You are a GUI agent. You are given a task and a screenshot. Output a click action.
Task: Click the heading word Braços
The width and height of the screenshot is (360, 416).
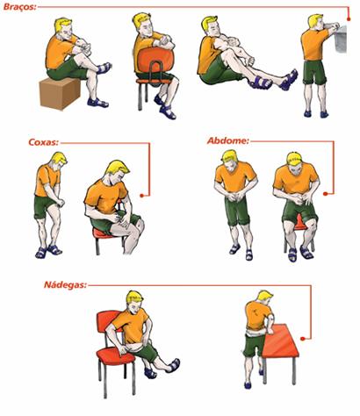pos(20,6)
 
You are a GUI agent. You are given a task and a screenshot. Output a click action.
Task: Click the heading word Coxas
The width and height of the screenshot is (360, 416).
pos(43,142)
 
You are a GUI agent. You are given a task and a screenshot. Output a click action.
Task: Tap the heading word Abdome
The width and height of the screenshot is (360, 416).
pos(228,140)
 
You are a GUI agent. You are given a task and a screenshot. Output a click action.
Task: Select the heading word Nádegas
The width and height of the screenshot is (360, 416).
pos(65,284)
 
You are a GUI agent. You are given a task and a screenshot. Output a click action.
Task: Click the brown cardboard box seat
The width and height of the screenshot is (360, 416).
pos(60,93)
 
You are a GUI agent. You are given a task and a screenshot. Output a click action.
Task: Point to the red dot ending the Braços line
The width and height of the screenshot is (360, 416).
pos(349,19)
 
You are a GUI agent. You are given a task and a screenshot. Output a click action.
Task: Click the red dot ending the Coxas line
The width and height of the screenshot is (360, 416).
pos(142,196)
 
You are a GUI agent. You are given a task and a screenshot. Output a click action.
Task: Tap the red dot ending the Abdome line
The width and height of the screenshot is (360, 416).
pos(325,194)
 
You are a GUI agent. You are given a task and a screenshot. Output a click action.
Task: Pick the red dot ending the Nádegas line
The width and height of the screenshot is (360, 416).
pos(303,339)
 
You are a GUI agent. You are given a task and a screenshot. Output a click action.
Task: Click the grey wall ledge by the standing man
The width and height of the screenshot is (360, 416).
pos(342,39)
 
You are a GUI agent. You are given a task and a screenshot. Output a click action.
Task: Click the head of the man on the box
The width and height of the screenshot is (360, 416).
pos(64,28)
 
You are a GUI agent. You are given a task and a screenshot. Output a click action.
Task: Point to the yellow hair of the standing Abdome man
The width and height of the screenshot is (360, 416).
pos(229,156)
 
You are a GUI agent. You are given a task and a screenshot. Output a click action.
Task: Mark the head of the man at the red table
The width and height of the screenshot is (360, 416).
pos(265,300)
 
